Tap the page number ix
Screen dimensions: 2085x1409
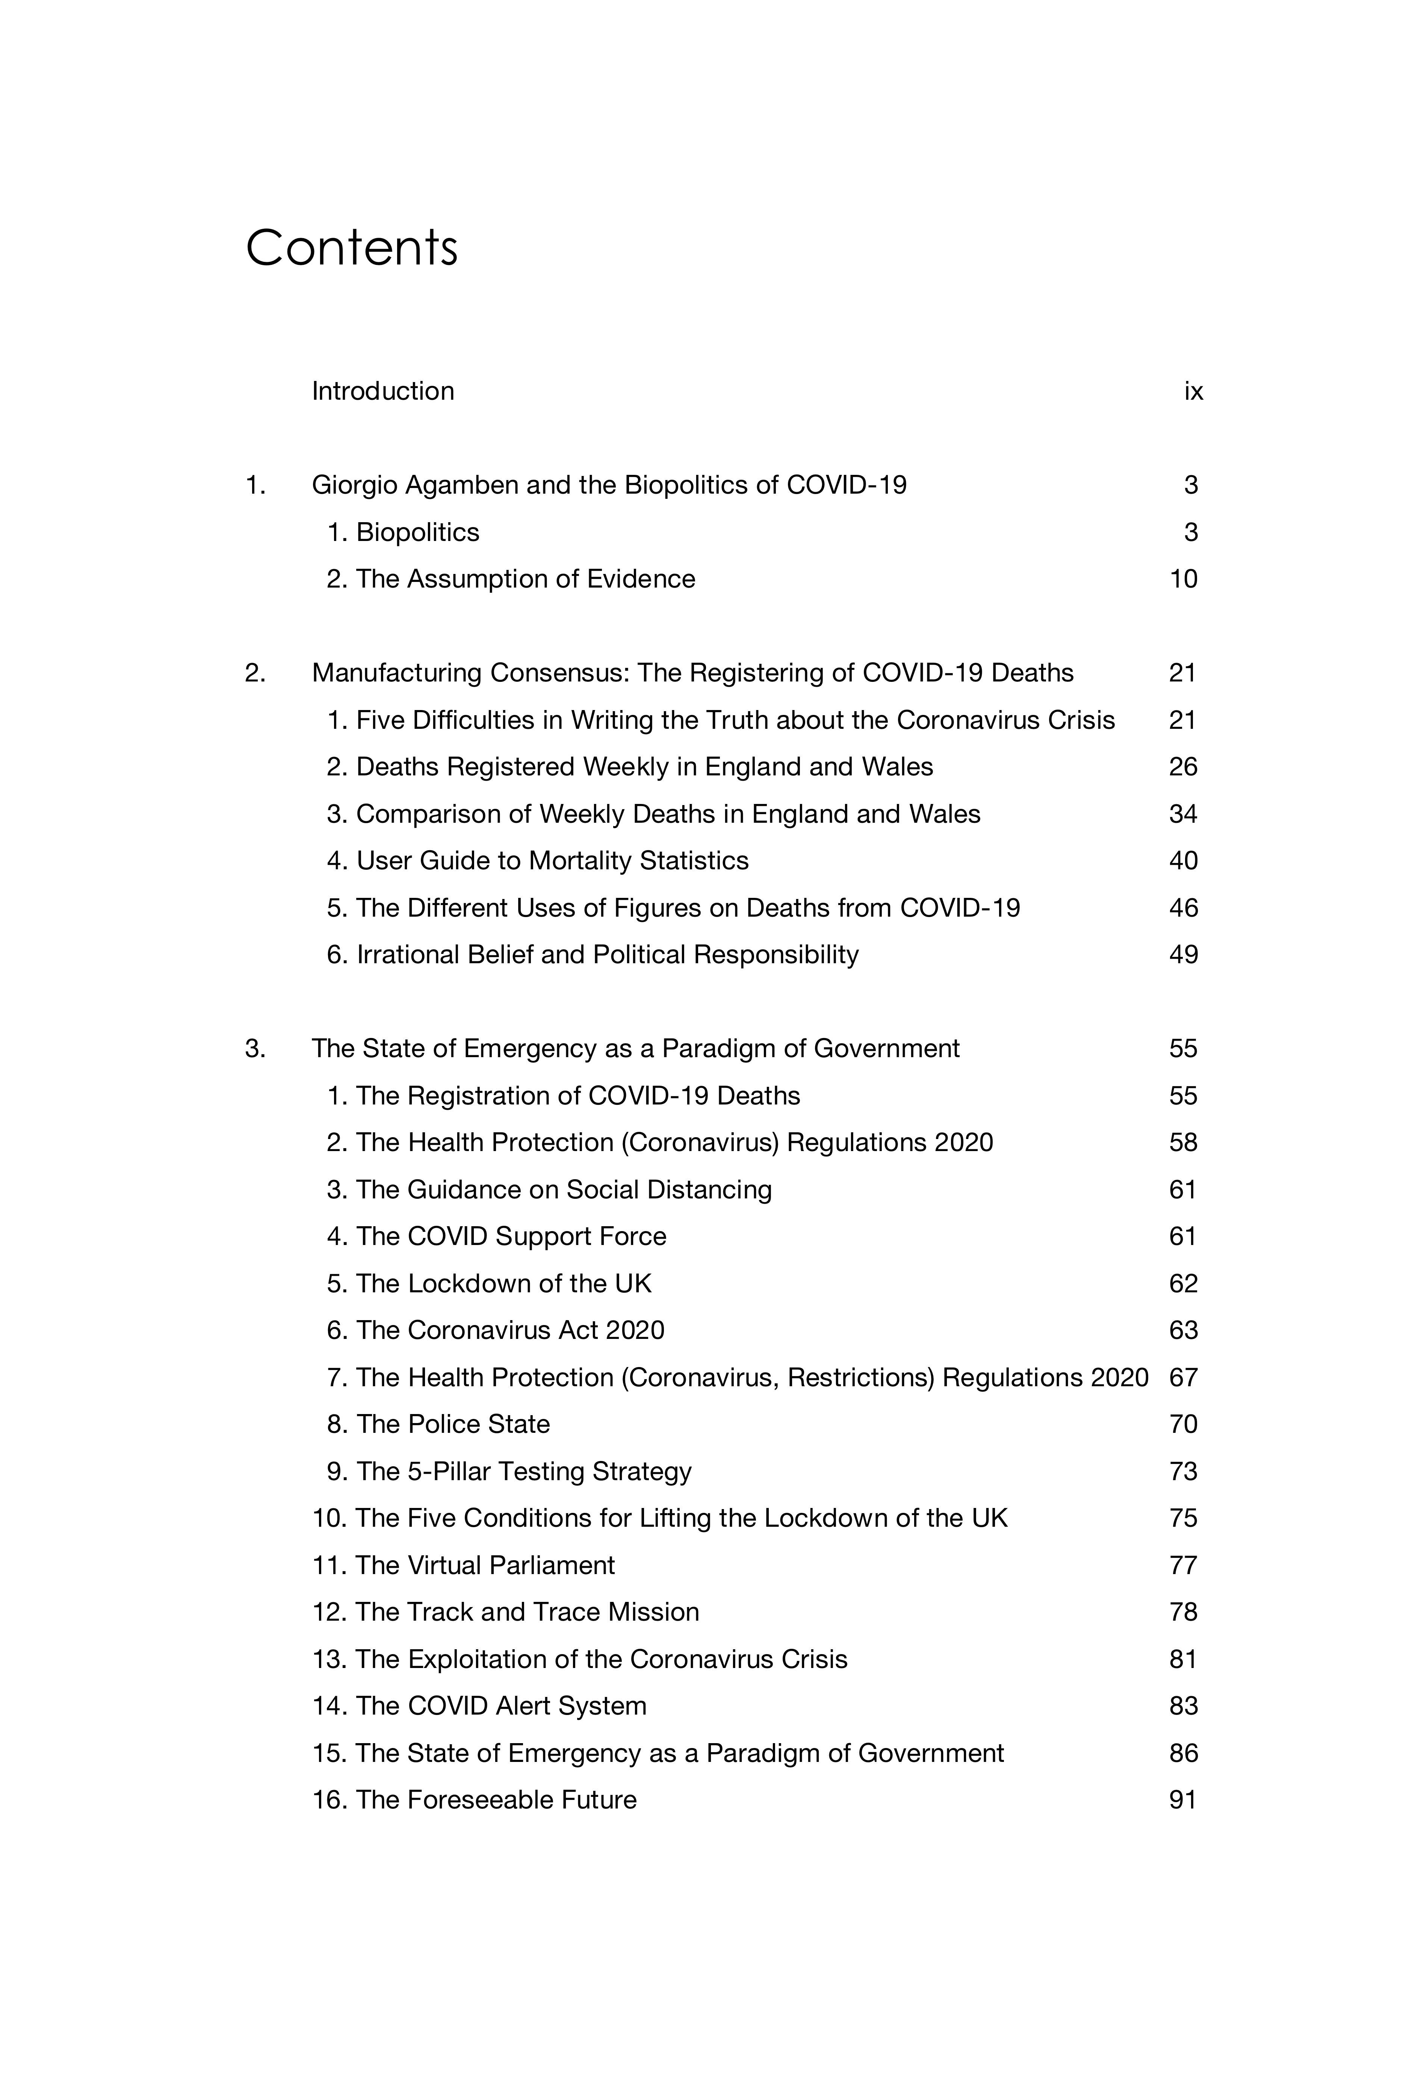pos(1193,391)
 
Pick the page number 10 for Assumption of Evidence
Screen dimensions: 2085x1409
pos(1183,580)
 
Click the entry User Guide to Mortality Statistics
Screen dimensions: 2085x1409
pos(538,861)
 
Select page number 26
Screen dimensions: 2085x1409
pos(1183,767)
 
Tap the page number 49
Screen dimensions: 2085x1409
pos(1183,955)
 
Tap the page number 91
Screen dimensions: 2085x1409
pos(1183,1801)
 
